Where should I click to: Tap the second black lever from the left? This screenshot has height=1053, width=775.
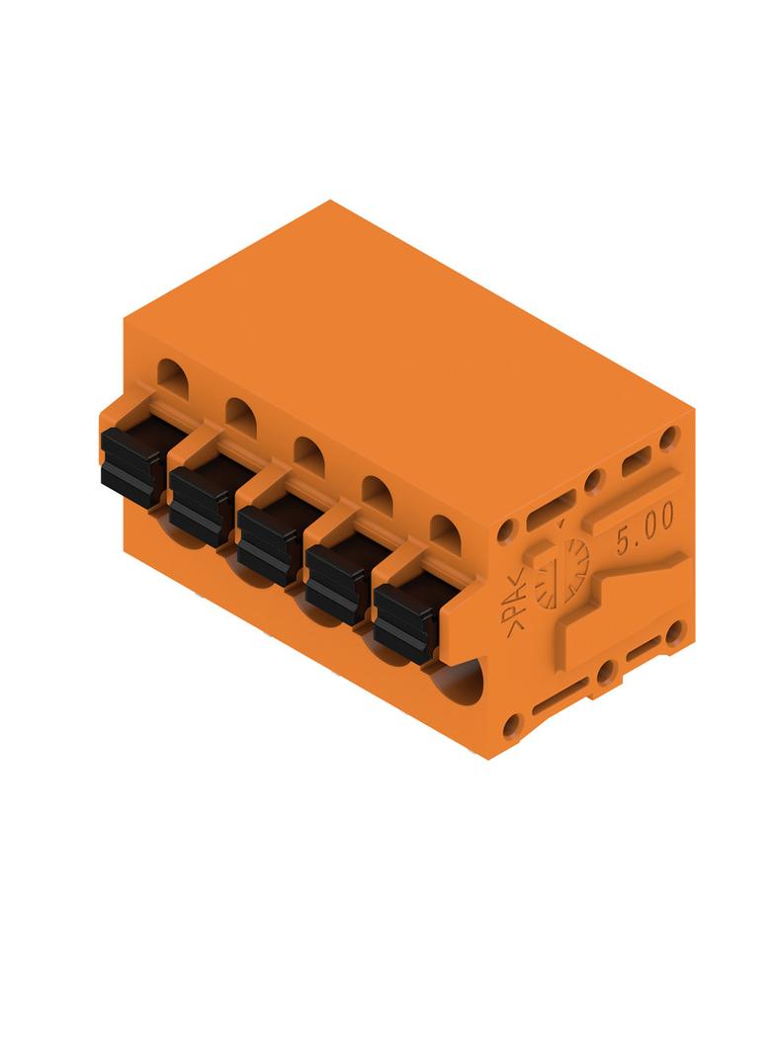pyautogui.click(x=200, y=506)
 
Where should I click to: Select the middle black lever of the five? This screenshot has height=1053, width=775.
pyautogui.click(x=268, y=544)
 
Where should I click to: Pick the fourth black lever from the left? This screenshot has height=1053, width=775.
pyautogui.click(x=336, y=583)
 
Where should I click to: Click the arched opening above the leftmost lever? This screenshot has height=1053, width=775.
pyautogui.click(x=173, y=375)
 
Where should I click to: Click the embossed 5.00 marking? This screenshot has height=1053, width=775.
pyautogui.click(x=646, y=528)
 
